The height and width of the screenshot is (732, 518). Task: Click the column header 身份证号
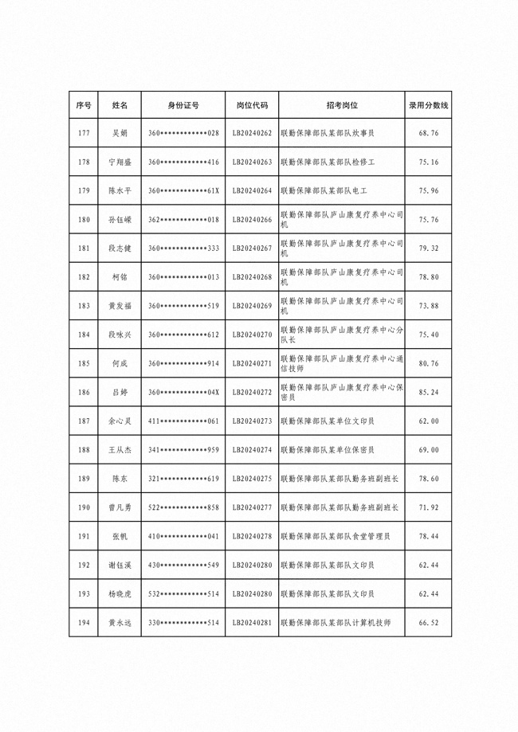[183, 105]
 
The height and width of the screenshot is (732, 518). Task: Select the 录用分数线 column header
[429, 105]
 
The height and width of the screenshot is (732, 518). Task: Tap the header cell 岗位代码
[252, 105]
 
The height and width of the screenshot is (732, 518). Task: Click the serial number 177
[84, 133]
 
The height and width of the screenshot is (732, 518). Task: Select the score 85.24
[429, 392]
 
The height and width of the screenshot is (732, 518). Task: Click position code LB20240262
[252, 133]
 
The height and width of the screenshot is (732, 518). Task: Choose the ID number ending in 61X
[183, 190]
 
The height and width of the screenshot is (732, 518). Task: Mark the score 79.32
[429, 248]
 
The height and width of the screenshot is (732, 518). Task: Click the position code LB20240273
[252, 421]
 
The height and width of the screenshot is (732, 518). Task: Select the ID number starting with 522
[183, 507]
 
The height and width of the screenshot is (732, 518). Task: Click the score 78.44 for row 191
[429, 536]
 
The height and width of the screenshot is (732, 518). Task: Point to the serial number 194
[84, 623]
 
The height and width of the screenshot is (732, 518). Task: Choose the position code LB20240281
[252, 623]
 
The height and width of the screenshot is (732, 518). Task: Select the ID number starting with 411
[183, 421]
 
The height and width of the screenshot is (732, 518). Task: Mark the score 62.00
[429, 421]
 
